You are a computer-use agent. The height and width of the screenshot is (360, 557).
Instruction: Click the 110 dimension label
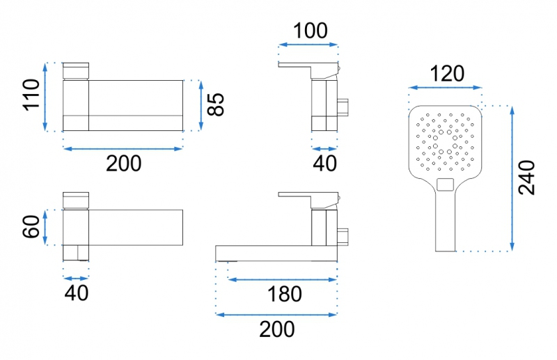click(31, 95)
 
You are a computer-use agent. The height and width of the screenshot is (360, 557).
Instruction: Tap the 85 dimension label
click(216, 104)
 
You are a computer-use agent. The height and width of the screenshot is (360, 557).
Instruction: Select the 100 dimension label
click(310, 31)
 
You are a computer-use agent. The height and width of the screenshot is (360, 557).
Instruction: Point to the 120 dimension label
click(447, 74)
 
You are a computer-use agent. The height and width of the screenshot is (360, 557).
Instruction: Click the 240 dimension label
click(526, 178)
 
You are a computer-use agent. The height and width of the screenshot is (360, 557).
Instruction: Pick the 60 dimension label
click(31, 226)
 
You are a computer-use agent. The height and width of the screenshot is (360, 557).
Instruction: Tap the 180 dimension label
click(284, 295)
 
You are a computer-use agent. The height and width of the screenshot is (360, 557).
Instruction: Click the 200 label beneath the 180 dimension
click(276, 329)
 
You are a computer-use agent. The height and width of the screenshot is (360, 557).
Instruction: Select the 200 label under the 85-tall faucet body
click(124, 164)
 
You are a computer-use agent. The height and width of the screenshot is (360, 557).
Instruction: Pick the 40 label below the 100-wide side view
click(324, 164)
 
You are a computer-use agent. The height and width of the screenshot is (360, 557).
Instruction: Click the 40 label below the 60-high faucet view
click(77, 293)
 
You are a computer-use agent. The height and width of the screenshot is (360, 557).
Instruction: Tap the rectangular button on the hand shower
click(446, 185)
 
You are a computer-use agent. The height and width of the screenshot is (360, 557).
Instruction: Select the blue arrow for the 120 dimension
click(445, 88)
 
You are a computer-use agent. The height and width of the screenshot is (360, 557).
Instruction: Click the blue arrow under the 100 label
click(308, 45)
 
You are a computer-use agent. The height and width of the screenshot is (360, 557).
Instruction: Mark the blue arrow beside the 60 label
click(45, 228)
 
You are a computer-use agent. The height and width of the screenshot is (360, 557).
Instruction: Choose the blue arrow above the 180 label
click(282, 280)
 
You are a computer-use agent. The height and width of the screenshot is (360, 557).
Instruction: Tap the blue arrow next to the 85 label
click(201, 105)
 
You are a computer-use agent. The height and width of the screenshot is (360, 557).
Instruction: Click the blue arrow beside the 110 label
click(45, 97)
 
